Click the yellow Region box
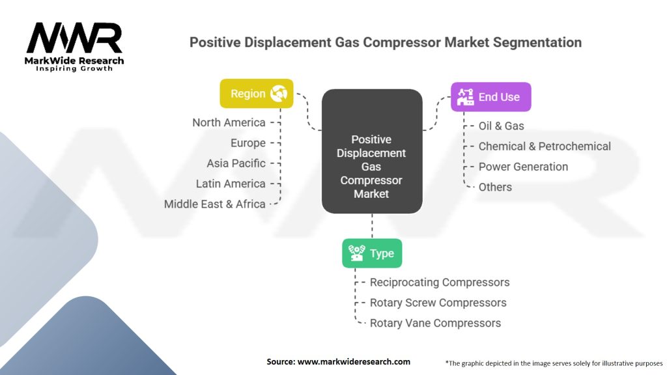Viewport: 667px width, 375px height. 257,94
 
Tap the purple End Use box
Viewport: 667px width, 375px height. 491,97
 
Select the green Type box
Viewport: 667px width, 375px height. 372,253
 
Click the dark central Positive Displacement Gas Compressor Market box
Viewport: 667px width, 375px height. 372,151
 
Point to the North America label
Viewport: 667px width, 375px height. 229,122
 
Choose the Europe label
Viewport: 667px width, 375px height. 248,143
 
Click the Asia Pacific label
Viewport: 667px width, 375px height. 236,163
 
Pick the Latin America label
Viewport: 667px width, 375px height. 231,184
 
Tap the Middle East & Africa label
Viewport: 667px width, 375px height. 215,204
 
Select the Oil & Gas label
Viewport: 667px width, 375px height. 501,126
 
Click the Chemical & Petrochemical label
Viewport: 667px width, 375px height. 545,146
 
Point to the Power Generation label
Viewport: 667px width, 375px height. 523,167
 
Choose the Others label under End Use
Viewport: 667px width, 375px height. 495,187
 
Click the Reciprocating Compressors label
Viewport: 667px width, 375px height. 440,283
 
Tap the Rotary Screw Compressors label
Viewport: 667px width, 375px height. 438,303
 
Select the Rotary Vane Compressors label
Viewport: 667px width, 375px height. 435,323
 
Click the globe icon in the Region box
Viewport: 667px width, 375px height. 279,94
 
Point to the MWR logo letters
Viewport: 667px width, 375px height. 74,38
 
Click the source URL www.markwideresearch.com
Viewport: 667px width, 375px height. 354,362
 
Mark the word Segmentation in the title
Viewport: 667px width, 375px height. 537,42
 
